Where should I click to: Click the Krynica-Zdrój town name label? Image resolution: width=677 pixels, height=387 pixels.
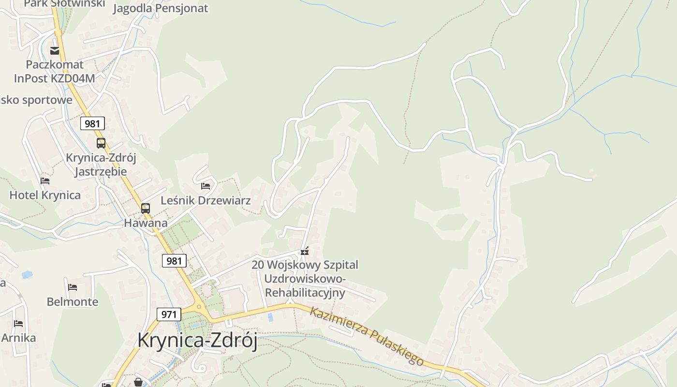click(197, 340)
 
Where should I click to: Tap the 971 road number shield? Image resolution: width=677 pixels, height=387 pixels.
click(169, 314)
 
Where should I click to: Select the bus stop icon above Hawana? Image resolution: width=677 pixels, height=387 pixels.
click(146, 208)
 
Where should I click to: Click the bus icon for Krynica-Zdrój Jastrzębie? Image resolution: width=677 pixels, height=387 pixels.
click(101, 143)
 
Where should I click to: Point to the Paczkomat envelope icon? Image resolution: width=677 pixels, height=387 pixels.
click(55, 50)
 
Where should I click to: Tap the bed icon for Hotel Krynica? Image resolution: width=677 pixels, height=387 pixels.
click(45, 181)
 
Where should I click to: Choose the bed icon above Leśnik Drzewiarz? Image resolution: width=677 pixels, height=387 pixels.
click(206, 186)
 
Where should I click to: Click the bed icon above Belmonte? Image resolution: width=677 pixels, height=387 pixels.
click(73, 287)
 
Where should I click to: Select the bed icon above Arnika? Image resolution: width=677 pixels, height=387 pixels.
click(18, 323)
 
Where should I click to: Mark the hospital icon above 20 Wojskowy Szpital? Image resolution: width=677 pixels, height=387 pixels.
click(305, 251)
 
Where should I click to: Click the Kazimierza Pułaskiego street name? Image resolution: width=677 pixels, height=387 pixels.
click(367, 336)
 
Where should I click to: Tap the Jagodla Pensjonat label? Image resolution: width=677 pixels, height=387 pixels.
click(161, 8)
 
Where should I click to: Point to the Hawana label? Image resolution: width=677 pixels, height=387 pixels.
click(146, 223)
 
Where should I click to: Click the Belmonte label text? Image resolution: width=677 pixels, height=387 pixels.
click(73, 302)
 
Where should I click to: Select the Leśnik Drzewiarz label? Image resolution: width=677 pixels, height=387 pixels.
click(206, 200)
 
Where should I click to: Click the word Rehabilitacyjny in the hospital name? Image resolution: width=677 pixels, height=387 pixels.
click(305, 293)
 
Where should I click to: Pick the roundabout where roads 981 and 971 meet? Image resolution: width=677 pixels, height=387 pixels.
click(198, 308)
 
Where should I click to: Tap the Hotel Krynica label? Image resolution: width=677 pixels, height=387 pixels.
click(45, 195)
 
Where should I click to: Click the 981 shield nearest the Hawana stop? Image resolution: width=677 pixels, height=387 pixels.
click(174, 261)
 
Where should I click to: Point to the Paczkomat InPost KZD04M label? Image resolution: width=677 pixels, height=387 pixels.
click(55, 71)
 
